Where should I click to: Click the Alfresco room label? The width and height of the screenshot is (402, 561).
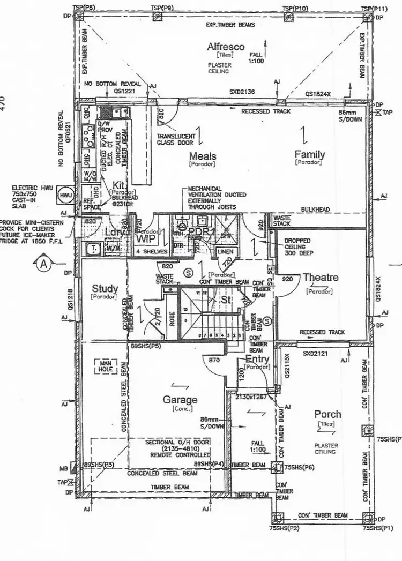pos(226,47)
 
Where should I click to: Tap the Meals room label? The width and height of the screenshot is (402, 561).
pos(203,156)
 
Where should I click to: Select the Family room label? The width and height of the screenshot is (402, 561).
pos(309,154)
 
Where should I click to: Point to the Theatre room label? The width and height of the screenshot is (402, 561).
pos(321,278)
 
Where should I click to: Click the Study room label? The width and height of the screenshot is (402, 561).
pos(105,289)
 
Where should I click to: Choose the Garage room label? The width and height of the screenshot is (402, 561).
pos(180,399)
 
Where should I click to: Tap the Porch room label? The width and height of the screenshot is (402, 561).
pos(327,414)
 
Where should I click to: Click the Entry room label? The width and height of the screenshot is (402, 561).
pos(256,358)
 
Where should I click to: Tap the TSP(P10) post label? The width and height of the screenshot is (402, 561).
pos(294,8)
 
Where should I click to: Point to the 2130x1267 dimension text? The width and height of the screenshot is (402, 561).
pos(251,397)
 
